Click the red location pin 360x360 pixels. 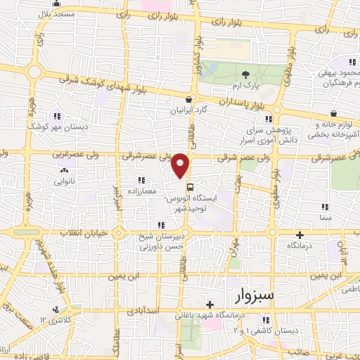(181, 165)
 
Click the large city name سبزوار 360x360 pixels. (265, 292)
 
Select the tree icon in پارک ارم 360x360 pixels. (245, 75)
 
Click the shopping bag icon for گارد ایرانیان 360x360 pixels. (189, 101)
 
